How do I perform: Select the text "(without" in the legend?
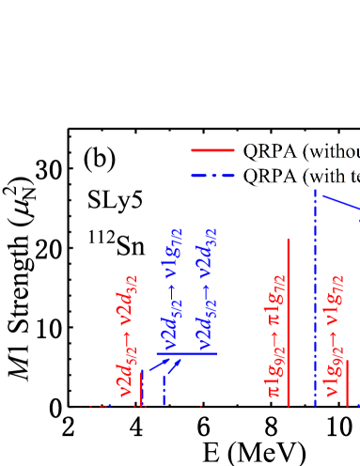[x=330, y=150]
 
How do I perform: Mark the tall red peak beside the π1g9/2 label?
[x=288, y=319]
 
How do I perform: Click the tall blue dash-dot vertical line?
[x=315, y=301]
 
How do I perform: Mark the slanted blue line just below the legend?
[x=340, y=202]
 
